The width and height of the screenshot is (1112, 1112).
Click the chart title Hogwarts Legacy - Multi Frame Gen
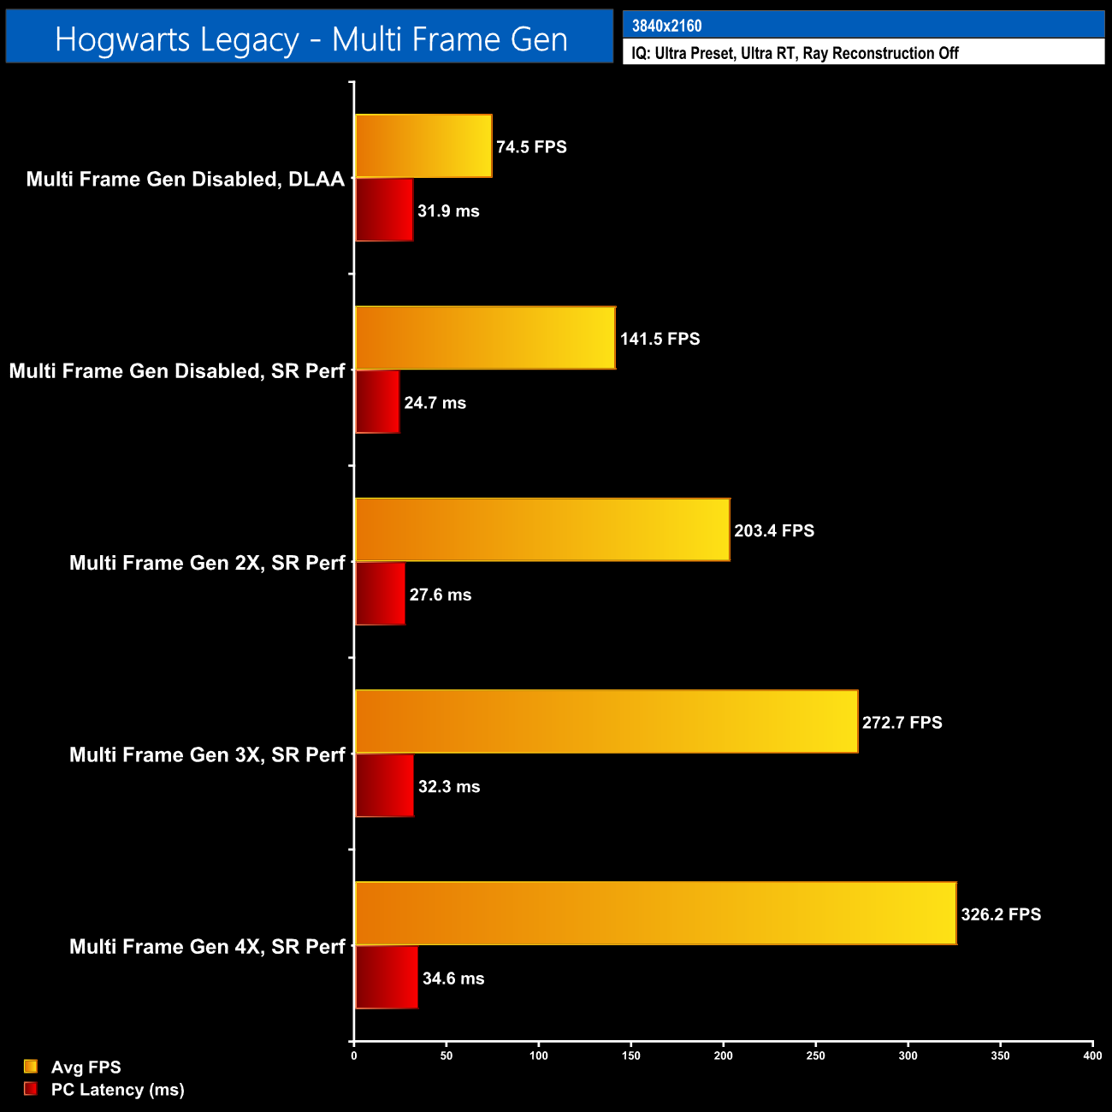tap(311, 39)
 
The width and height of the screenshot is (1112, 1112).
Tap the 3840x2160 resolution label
tap(666, 26)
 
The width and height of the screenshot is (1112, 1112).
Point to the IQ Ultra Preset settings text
tap(795, 53)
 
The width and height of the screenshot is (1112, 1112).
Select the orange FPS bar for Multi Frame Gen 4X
tap(655, 914)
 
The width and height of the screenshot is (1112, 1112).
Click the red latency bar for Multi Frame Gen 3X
tap(384, 785)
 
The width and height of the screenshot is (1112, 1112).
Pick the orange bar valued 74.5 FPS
tap(423, 146)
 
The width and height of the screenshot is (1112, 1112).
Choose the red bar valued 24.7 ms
tap(377, 402)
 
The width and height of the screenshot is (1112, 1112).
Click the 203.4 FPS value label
tap(774, 530)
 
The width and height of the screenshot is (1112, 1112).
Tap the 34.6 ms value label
tap(453, 978)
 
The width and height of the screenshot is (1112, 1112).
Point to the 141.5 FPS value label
tap(660, 339)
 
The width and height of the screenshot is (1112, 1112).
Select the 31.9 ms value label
tap(448, 210)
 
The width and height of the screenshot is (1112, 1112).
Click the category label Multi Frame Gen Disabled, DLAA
tap(186, 179)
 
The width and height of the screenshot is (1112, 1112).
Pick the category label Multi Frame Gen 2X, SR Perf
tap(207, 563)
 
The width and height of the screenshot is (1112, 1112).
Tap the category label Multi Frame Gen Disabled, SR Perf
tap(177, 370)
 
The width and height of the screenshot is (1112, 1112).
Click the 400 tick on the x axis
tap(1092, 1056)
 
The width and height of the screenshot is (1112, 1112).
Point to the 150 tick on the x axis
tap(630, 1056)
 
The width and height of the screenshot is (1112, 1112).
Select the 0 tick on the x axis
tap(354, 1056)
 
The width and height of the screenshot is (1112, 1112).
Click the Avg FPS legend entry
tap(86, 1067)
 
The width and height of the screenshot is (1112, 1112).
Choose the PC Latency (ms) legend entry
tap(117, 1089)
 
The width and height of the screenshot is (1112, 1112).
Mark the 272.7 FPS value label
tap(902, 722)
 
